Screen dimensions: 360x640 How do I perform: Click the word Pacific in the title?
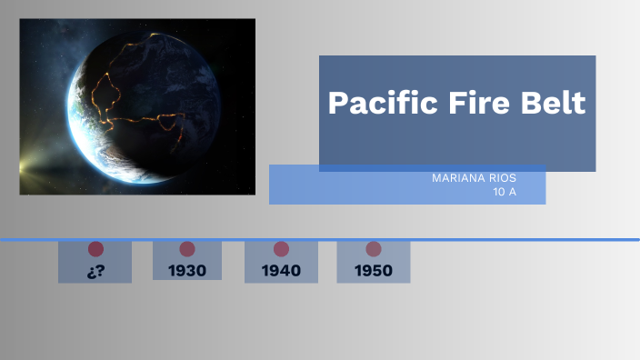click(375, 103)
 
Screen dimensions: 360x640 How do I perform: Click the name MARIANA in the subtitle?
click(456, 178)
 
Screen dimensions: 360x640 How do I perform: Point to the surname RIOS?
click(501, 178)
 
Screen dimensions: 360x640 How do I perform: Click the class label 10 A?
click(505, 191)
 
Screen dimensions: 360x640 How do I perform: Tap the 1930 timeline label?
click(187, 270)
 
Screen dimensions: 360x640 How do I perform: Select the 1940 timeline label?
click(281, 270)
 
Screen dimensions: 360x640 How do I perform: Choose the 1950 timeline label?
click(374, 270)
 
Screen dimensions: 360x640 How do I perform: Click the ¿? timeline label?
click(95, 270)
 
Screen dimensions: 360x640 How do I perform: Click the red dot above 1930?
click(187, 249)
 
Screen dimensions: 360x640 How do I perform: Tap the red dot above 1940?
click(281, 249)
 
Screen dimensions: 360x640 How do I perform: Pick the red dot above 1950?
click(374, 249)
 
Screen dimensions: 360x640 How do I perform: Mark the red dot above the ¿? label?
click(95, 249)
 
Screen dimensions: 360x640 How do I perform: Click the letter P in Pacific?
click(337, 103)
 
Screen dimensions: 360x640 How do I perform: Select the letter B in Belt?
click(527, 103)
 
